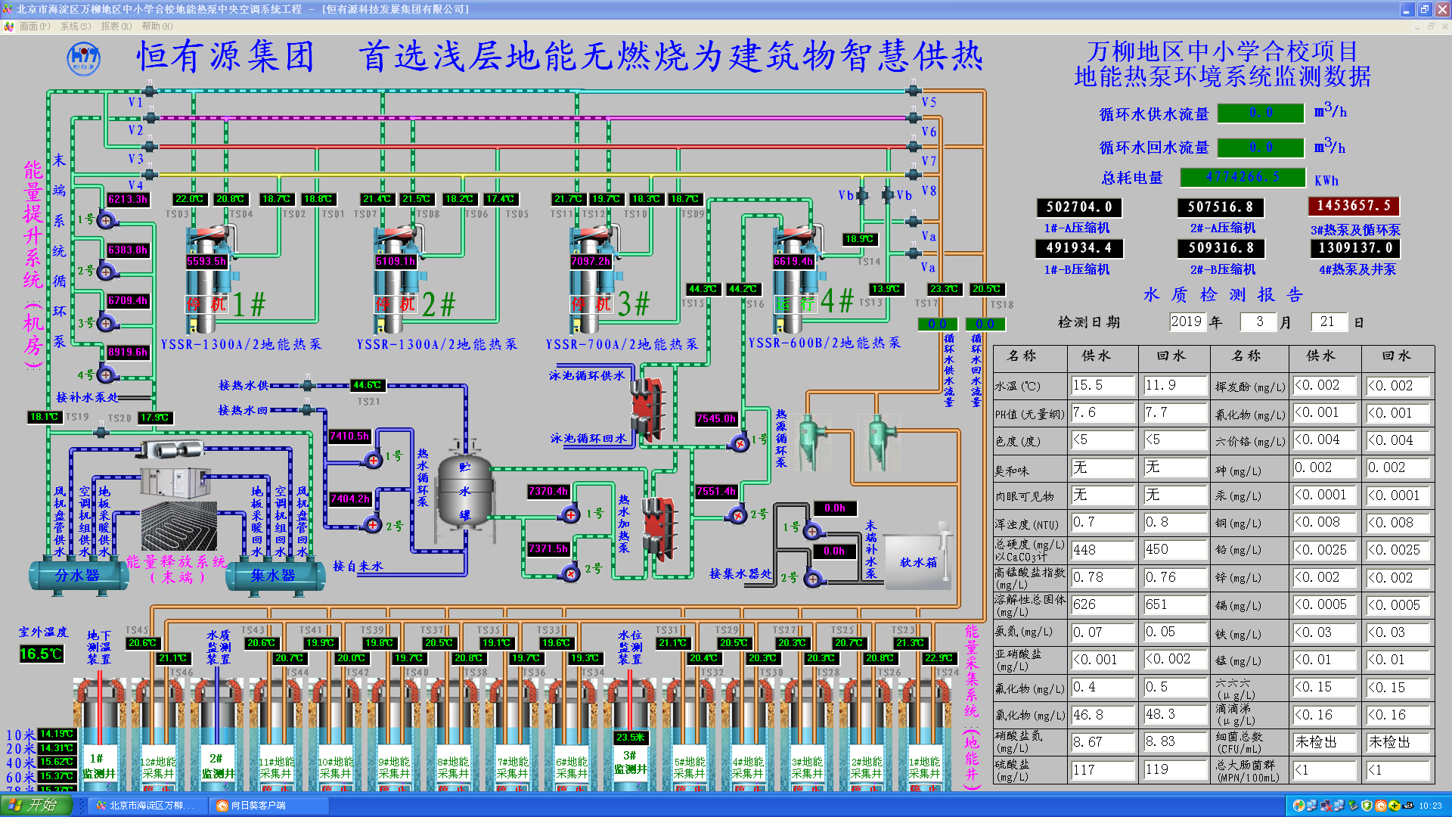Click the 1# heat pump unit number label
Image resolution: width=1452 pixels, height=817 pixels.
click(250, 304)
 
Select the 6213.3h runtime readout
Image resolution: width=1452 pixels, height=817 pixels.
click(128, 199)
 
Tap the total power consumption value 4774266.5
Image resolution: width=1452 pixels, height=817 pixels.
click(1243, 177)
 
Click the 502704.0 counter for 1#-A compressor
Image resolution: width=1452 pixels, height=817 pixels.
click(1079, 207)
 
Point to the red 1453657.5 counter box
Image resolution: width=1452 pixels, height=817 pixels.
click(1354, 206)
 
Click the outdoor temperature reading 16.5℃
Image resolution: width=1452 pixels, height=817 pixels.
click(41, 654)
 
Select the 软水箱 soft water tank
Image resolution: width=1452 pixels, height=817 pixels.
click(917, 561)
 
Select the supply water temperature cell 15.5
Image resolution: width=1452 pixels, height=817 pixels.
click(1102, 385)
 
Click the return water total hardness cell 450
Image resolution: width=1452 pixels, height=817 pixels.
click(1174, 549)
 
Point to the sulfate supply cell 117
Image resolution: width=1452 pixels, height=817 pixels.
click(1102, 769)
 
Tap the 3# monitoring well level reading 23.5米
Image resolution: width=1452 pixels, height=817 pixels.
click(630, 737)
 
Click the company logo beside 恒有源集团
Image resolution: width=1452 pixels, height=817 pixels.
click(83, 58)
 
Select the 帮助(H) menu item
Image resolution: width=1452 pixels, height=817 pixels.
click(157, 26)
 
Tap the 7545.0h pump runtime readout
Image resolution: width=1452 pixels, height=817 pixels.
click(715, 418)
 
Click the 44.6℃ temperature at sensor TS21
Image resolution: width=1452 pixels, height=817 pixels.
click(368, 385)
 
